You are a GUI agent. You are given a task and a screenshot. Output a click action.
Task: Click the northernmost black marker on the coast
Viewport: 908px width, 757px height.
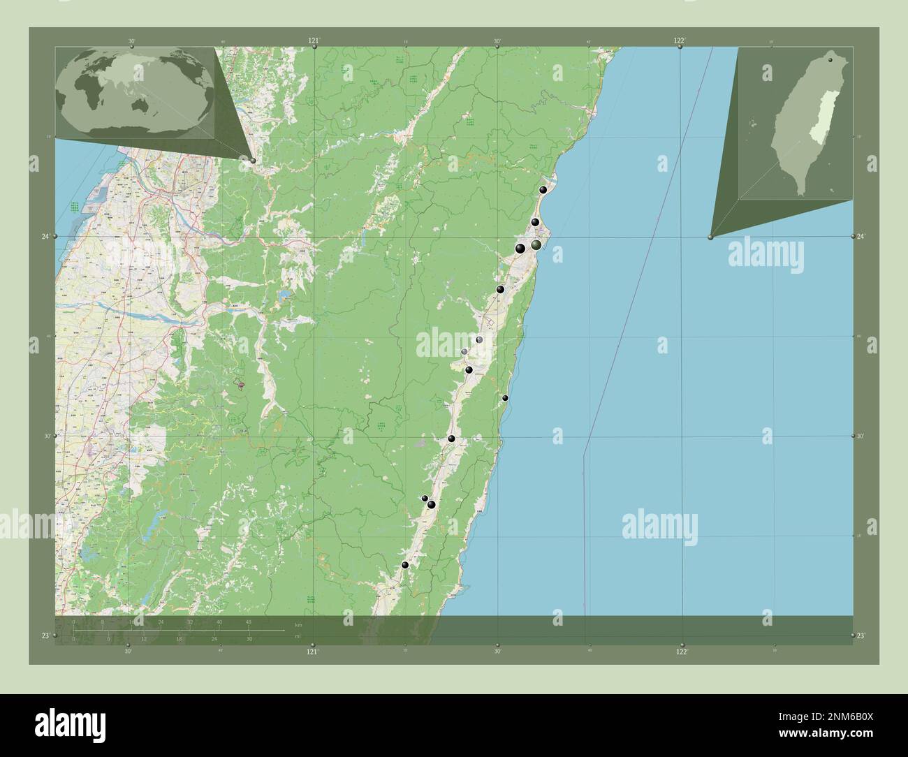(x=543, y=189)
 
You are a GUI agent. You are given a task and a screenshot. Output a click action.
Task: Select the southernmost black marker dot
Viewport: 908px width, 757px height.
(x=404, y=565)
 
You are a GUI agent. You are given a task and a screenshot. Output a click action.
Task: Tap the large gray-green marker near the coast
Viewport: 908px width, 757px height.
(x=536, y=245)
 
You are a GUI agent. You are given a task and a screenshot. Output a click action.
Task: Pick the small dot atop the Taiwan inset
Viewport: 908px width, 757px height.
(x=830, y=60)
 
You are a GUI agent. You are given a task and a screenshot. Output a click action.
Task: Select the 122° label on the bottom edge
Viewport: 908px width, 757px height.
(x=682, y=651)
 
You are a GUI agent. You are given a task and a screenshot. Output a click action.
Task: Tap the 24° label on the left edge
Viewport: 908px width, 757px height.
(x=45, y=237)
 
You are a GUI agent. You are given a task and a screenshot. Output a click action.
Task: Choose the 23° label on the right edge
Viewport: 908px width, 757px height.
(x=861, y=635)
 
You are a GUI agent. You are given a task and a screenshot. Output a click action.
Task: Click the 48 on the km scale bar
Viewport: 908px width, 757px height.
(x=248, y=622)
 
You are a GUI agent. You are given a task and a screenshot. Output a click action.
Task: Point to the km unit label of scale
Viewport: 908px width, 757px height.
(x=298, y=624)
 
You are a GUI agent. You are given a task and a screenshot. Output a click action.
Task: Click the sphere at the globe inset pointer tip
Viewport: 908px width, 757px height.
(x=253, y=161)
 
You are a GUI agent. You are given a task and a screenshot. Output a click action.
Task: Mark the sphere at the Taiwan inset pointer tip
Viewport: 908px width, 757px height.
(x=710, y=237)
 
